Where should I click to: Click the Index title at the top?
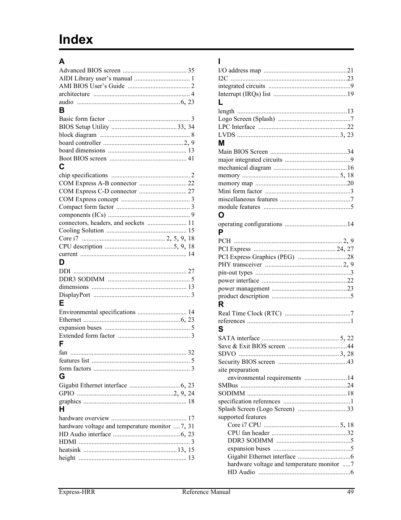[x=76, y=39]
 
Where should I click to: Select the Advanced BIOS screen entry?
[x=90, y=70]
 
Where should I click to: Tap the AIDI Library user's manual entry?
[x=95, y=78]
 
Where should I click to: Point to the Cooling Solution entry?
[x=81, y=230]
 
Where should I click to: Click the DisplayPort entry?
[x=74, y=295]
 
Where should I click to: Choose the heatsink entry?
[x=70, y=450]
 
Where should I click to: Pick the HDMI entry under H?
[x=68, y=442]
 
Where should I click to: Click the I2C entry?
[x=223, y=78]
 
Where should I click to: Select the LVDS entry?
[x=226, y=135]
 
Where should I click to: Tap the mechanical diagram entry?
[x=244, y=168]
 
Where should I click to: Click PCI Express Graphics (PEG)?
[x=256, y=257]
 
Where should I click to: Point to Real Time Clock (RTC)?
[x=250, y=313]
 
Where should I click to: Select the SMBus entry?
[x=228, y=385]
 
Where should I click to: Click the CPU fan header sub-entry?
[x=248, y=433]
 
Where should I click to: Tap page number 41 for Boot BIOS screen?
[x=191, y=158]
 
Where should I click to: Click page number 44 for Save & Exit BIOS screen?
[x=350, y=346]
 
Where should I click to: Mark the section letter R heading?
[x=221, y=304]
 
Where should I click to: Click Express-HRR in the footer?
[x=77, y=492]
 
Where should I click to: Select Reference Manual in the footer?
[x=206, y=492]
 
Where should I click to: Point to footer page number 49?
[x=351, y=492]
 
